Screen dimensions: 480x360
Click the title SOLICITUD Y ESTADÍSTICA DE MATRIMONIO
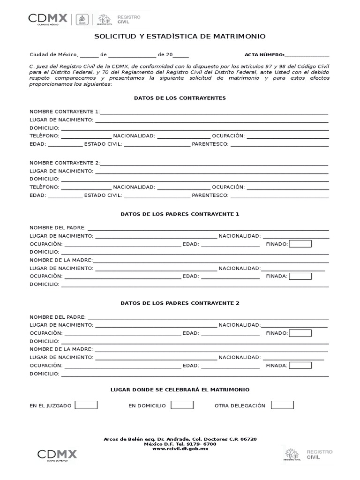(180, 36)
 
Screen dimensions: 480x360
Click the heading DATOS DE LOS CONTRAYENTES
(180, 98)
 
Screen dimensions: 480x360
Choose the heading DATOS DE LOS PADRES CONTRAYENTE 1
(180, 214)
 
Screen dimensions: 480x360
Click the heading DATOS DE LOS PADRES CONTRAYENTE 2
(180, 303)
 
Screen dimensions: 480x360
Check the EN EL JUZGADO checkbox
(86, 405)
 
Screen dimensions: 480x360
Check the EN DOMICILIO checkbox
(182, 405)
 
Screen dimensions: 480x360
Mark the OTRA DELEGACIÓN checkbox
(282, 405)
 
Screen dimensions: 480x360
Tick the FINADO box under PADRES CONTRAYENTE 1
(300, 244)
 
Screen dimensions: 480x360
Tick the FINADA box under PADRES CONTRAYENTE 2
(300, 366)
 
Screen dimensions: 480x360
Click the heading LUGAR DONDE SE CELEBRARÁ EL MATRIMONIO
(180, 390)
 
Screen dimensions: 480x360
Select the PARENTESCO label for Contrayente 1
(210, 144)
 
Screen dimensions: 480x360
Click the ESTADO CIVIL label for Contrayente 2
(103, 195)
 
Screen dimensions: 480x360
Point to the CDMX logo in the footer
(57, 454)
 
